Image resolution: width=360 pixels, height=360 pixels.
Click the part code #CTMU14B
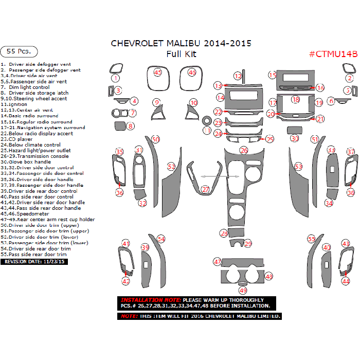click(x=333, y=54)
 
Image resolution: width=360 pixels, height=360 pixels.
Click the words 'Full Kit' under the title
click(x=181, y=54)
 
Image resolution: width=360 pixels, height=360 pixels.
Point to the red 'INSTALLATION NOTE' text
click(x=150, y=300)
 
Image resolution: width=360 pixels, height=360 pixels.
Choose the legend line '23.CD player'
click(x=17, y=139)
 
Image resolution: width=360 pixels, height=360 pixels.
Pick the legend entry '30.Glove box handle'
click(x=30, y=162)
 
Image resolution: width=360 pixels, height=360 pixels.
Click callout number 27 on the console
click(x=206, y=190)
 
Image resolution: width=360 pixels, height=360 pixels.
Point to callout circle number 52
click(x=171, y=167)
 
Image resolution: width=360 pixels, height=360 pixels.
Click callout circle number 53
click(x=299, y=167)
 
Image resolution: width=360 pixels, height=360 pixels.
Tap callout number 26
click(x=244, y=150)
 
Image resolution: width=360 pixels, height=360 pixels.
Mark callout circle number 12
click(x=238, y=76)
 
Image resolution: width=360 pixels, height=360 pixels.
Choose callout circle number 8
click(x=131, y=126)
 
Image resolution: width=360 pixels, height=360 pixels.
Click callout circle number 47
click(x=218, y=262)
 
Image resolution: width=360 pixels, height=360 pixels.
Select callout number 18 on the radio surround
click(x=295, y=99)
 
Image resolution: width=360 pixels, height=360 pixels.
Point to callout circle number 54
click(x=161, y=239)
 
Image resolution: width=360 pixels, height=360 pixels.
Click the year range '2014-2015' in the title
click(x=227, y=43)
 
